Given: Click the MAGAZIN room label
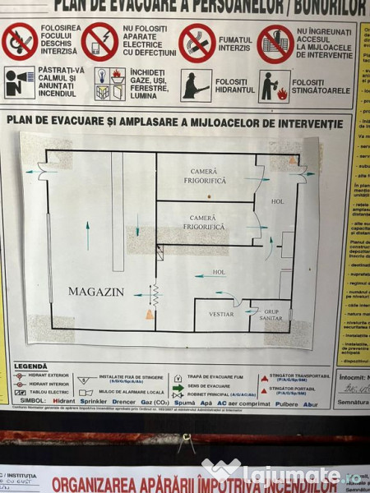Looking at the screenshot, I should (95, 292).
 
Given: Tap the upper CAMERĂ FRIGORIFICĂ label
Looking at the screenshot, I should (203, 176).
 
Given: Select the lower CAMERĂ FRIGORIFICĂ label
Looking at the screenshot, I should (203, 222).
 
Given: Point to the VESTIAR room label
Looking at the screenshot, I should (221, 314).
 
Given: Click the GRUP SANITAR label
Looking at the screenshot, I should (271, 315).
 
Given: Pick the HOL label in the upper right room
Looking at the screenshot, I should (277, 201).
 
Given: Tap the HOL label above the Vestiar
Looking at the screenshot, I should (219, 272).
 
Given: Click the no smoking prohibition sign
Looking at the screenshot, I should (197, 43).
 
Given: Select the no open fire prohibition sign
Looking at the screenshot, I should (20, 43).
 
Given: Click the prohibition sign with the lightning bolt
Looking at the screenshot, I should (99, 43).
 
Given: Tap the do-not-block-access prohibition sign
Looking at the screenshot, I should (275, 44).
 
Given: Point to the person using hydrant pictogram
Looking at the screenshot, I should (196, 85).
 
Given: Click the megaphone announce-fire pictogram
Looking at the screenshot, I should (20, 83).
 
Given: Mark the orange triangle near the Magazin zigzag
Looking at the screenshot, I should (150, 314).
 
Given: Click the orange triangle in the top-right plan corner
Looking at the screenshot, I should (291, 159).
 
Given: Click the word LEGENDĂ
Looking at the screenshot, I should (30, 366).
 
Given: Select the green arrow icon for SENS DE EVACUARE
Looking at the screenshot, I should (178, 388).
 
